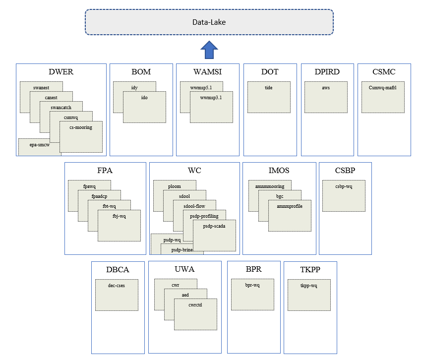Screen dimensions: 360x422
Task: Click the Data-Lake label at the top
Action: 209,22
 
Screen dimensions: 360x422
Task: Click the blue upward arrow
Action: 209,50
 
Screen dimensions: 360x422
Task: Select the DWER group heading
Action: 61,72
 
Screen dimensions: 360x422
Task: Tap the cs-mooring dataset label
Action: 80,127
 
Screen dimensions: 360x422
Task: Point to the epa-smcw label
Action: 39,145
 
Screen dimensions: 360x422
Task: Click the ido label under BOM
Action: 144,97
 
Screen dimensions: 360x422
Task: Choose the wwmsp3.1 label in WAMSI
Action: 211,97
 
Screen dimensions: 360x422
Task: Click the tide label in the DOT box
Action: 268,87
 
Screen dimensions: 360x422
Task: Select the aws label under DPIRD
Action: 326,87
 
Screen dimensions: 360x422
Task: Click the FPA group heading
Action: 105,171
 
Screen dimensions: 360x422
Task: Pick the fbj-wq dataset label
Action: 119,216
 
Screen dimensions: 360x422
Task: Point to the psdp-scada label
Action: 214,226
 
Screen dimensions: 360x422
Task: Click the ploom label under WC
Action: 174,186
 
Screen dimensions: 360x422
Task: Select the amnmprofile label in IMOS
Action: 290,206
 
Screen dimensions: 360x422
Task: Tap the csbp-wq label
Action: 344,186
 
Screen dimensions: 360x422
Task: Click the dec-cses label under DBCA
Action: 117,285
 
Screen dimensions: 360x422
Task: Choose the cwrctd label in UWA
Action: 195,304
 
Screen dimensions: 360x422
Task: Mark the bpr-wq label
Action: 252,285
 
